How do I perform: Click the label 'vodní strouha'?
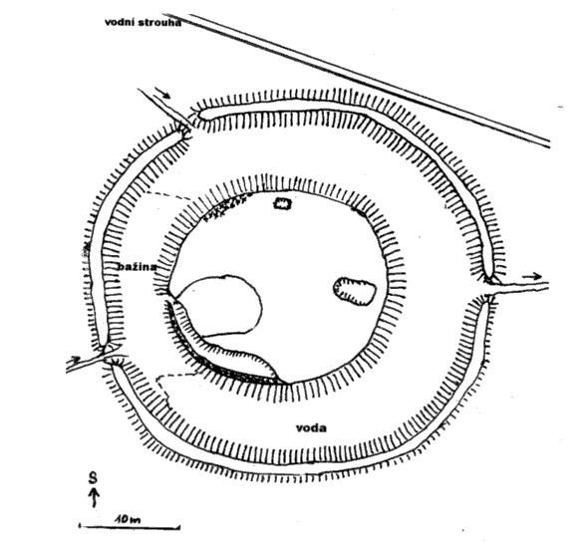click(143, 22)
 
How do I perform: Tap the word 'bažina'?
click(138, 267)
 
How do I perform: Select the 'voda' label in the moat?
click(311, 427)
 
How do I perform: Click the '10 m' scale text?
click(128, 519)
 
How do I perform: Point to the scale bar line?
click(130, 527)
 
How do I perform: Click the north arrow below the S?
click(95, 497)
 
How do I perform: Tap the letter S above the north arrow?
click(94, 478)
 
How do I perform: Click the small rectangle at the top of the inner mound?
click(282, 203)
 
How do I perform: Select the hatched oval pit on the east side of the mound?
click(354, 291)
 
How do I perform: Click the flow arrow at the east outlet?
click(532, 276)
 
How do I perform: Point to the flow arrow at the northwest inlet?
click(162, 94)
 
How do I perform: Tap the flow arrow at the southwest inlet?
click(75, 360)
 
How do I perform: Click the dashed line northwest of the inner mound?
click(169, 195)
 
